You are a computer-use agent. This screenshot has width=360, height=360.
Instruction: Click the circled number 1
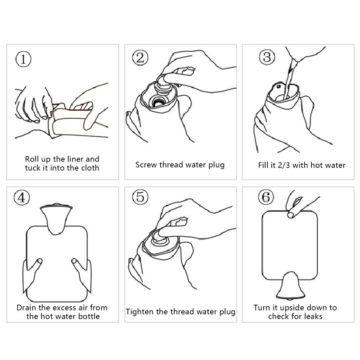click(23, 59)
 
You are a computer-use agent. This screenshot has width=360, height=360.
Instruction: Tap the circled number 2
click(140, 58)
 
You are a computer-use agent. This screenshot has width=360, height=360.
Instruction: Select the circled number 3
click(267, 58)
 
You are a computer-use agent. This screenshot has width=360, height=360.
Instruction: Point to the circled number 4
click(22, 198)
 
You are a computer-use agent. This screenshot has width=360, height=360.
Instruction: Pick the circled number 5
click(140, 197)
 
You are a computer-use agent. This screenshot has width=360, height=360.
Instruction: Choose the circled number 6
click(266, 197)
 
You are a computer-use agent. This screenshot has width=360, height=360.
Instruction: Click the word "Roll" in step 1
click(31, 159)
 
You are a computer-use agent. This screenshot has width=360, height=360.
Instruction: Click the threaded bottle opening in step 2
click(157, 102)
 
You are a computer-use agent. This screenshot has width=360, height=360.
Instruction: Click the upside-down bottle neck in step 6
click(291, 286)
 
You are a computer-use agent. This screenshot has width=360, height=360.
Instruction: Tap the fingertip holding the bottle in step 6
click(291, 215)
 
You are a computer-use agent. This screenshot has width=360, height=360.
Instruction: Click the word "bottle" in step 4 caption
click(89, 316)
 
